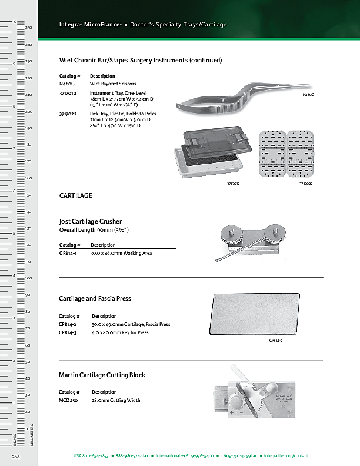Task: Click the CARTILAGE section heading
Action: pyautogui.click(x=76, y=195)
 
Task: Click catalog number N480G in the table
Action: pyautogui.click(x=67, y=84)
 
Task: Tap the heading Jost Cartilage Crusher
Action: pyautogui.click(x=90, y=221)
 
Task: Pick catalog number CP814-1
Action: pyautogui.click(x=69, y=253)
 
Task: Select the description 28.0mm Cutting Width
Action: pyautogui.click(x=115, y=400)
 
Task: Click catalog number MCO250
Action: pyautogui.click(x=68, y=400)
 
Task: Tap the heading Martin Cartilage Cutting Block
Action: pyautogui.click(x=102, y=375)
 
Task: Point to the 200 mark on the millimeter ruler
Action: pyautogui.click(x=28, y=111)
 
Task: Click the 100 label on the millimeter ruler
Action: pyautogui.click(x=28, y=278)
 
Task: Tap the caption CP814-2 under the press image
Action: pyautogui.click(x=276, y=341)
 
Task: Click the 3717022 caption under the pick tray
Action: pyautogui.click(x=305, y=184)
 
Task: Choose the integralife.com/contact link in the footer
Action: pyautogui.click(x=286, y=456)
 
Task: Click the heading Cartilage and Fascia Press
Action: pyautogui.click(x=95, y=298)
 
